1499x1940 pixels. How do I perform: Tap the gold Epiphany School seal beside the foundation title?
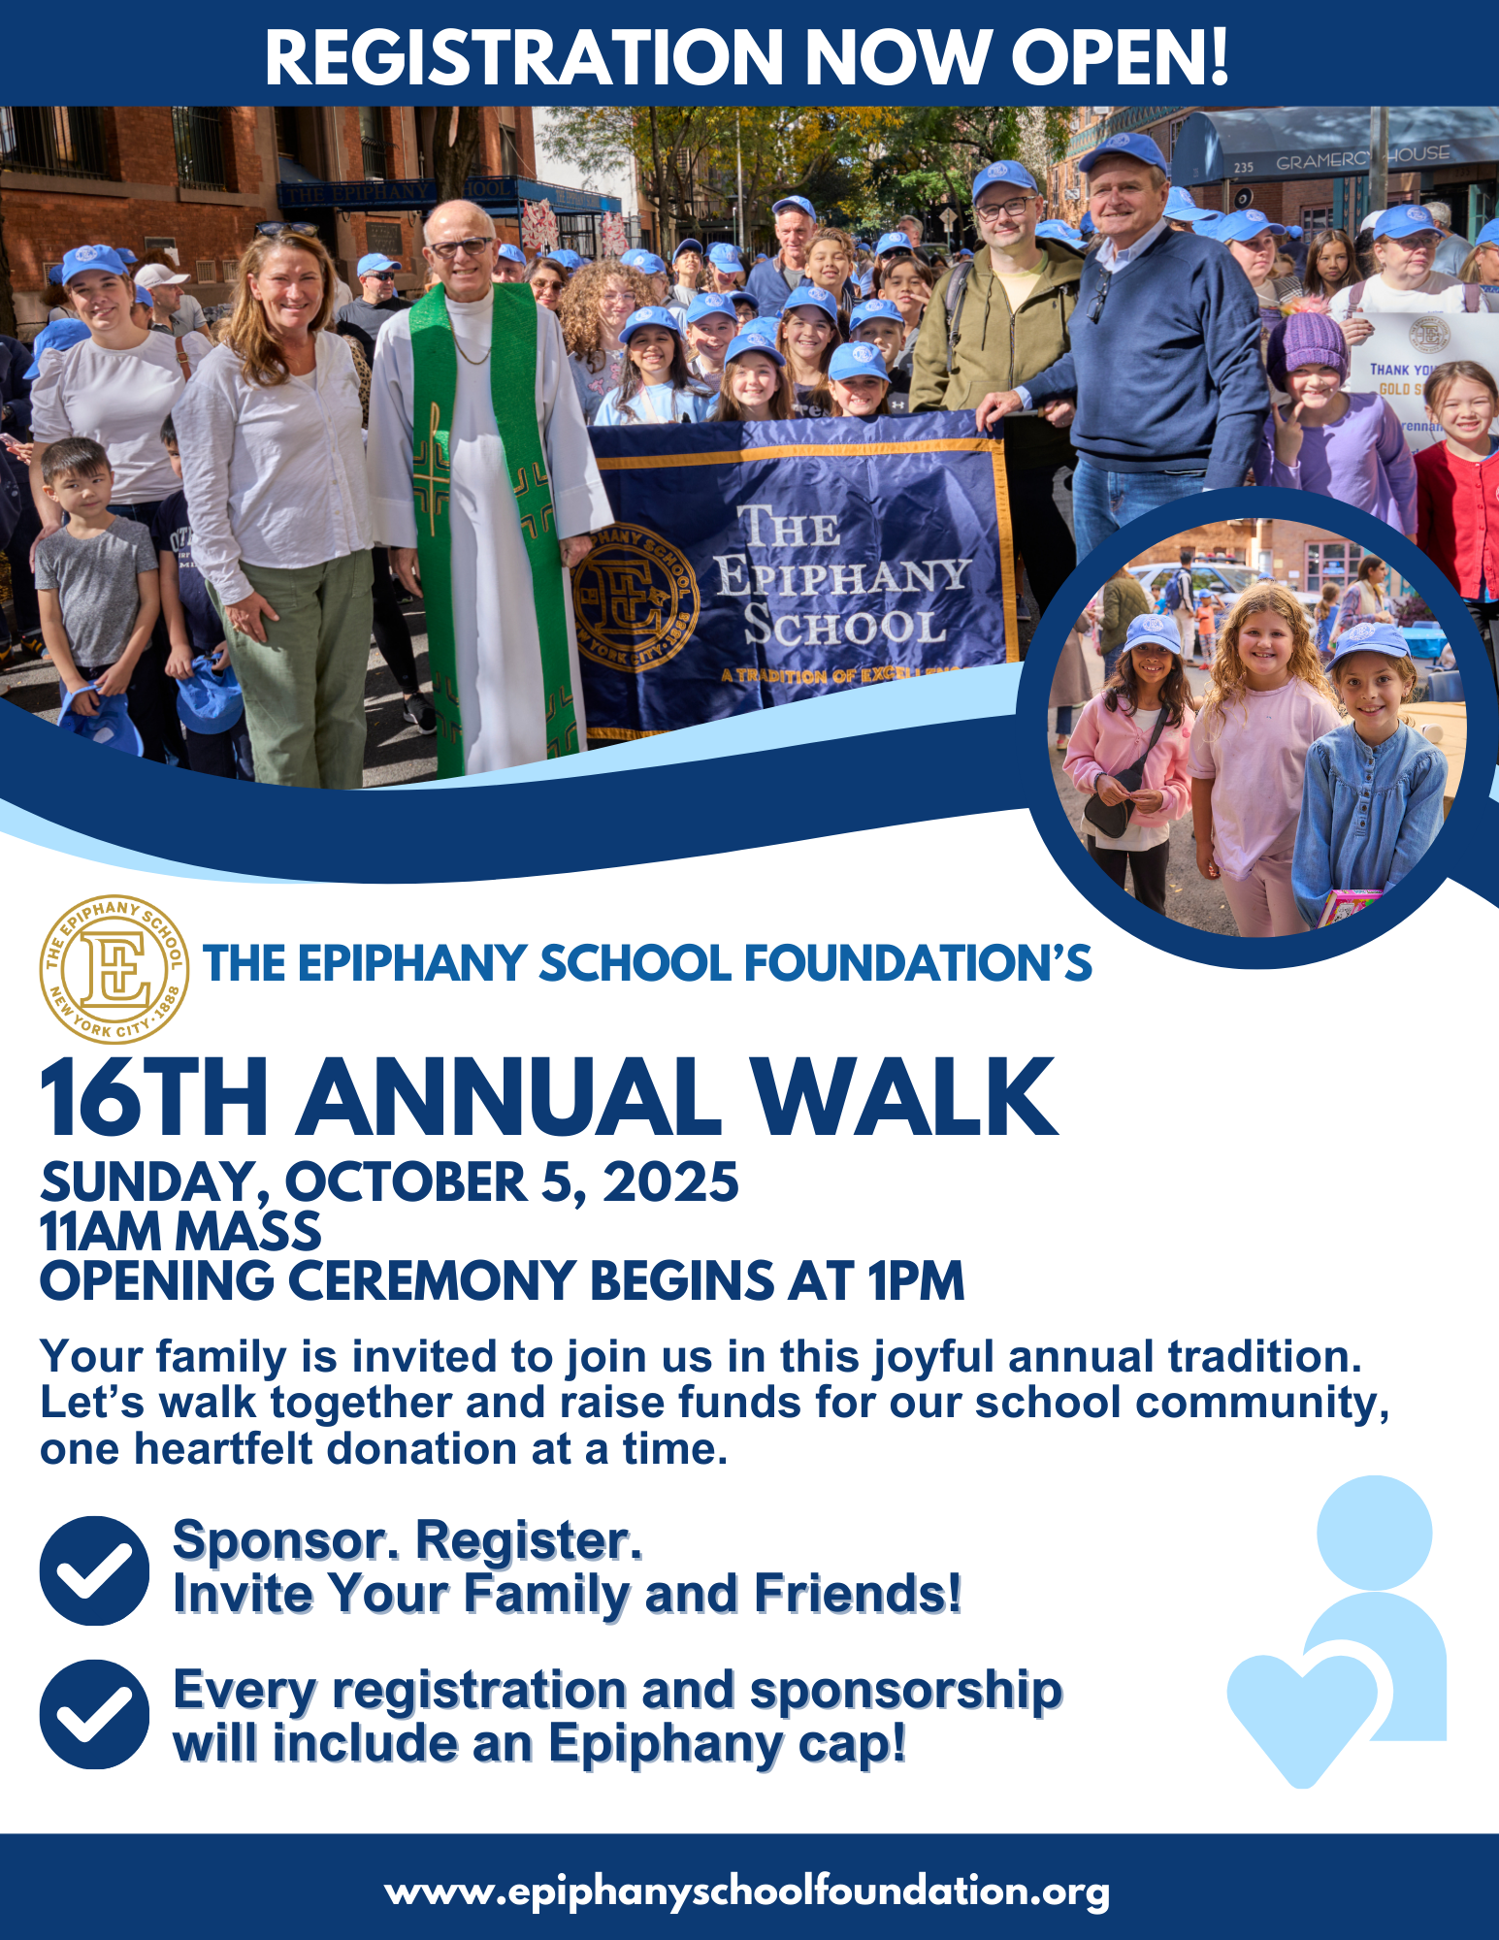click(x=114, y=969)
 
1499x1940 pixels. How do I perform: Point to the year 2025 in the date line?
click(x=670, y=1181)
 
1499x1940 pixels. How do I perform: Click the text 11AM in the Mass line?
click(x=101, y=1231)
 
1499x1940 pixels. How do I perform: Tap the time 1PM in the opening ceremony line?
click(x=916, y=1280)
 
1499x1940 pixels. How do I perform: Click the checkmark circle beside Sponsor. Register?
click(x=94, y=1570)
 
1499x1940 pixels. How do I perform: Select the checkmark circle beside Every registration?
click(x=94, y=1714)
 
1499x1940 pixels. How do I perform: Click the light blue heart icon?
click(x=1302, y=1717)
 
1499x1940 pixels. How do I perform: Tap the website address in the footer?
click(x=747, y=1891)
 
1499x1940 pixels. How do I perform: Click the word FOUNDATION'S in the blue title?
click(x=918, y=964)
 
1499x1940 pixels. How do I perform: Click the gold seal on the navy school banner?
click(x=635, y=600)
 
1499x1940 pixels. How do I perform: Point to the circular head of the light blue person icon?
click(x=1374, y=1533)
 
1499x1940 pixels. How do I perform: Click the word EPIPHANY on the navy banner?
click(x=843, y=577)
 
